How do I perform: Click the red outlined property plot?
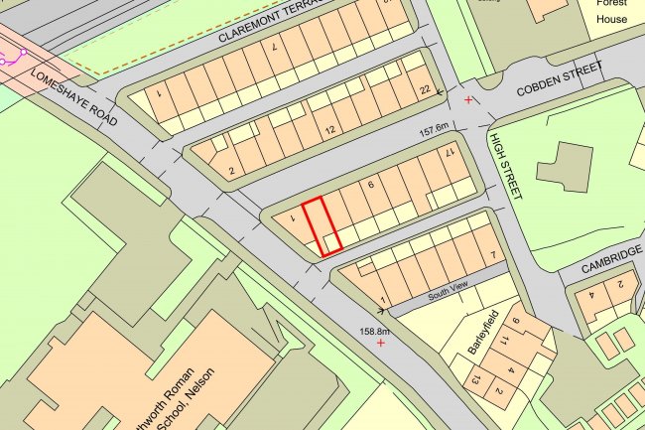tap(322, 227)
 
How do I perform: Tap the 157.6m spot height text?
tap(436, 128)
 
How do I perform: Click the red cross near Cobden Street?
tap(468, 100)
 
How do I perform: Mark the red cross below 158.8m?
tap(381, 343)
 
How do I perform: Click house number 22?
tap(425, 91)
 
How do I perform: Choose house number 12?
tap(330, 131)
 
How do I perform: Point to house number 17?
tap(449, 153)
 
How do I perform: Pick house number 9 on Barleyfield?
tap(516, 322)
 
